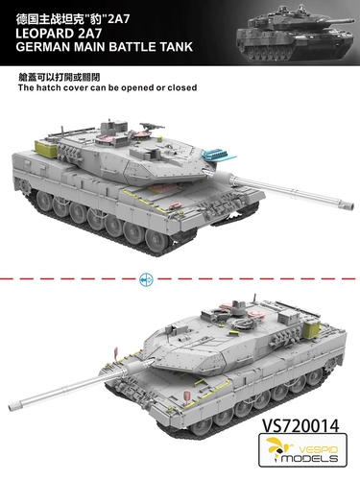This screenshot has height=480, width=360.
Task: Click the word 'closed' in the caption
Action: tap(181, 87)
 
